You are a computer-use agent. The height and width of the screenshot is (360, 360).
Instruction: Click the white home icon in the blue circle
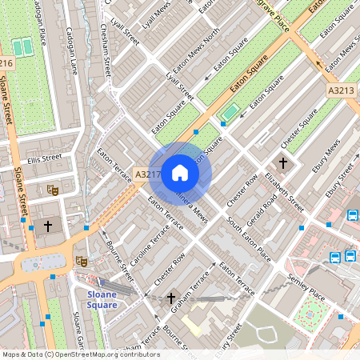[x=180, y=173]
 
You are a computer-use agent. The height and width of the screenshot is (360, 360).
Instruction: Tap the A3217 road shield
[x=147, y=174]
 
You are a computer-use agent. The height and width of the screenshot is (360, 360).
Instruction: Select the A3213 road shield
[x=340, y=91]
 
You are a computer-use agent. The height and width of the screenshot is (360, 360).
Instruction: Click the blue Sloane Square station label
[x=102, y=299]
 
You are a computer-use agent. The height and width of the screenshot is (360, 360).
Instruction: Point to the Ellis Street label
[x=43, y=158]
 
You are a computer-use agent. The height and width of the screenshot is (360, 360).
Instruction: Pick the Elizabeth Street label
[x=286, y=192]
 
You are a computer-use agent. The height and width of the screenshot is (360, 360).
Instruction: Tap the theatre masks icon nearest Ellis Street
[x=53, y=190]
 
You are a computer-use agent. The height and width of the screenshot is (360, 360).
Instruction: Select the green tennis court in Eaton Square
[x=230, y=112]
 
